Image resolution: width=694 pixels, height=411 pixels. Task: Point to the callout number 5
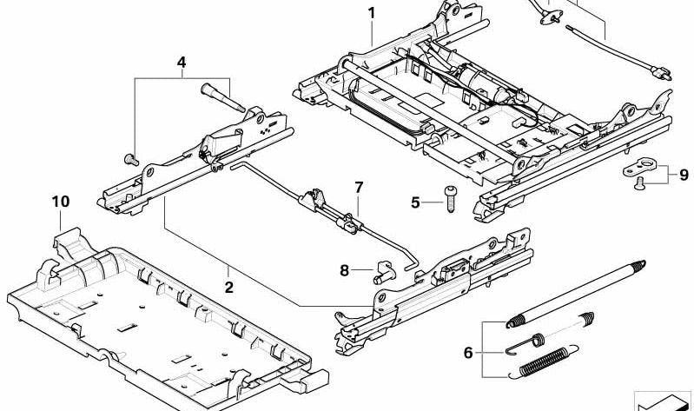(x=415, y=202)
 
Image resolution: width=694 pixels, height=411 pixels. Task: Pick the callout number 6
(x=468, y=353)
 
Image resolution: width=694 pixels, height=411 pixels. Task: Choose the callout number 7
(x=358, y=187)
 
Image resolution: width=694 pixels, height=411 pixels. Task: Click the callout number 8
(x=344, y=271)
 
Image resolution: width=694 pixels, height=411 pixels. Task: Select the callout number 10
(x=60, y=202)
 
